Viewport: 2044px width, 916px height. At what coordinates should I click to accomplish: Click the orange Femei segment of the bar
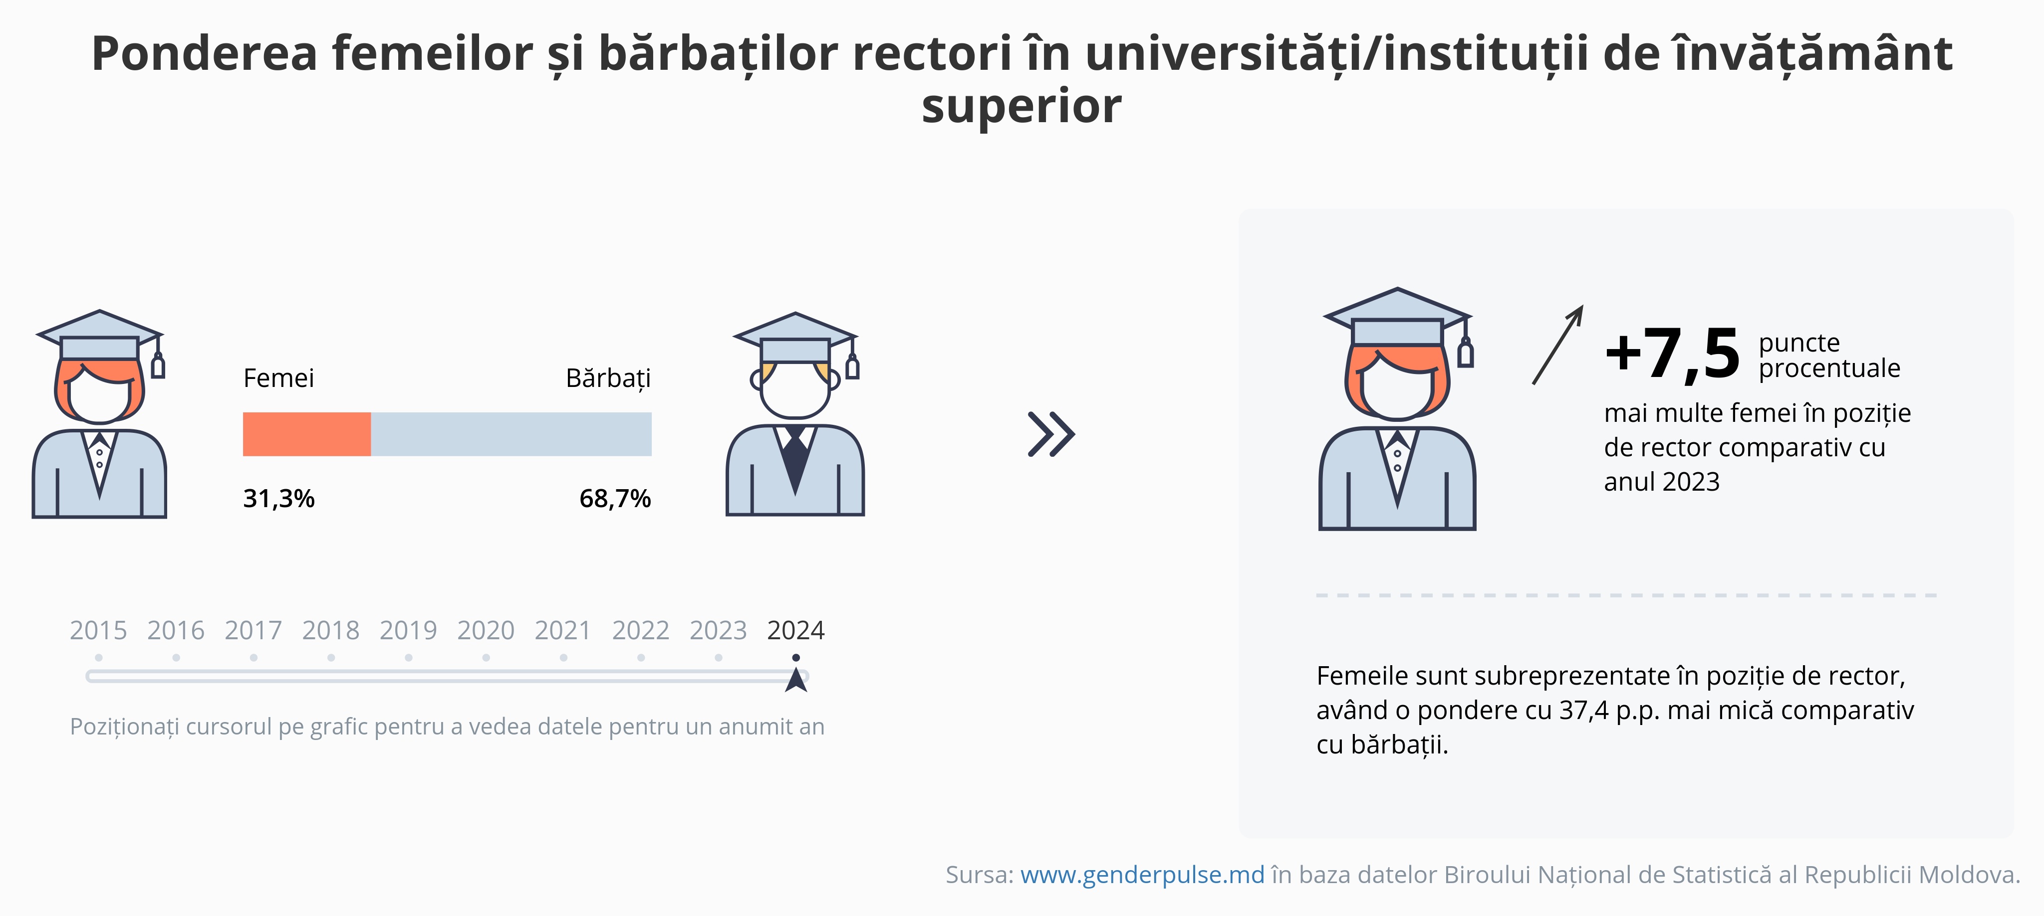tap(306, 434)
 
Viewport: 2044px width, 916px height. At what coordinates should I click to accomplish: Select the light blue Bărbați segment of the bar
tap(511, 434)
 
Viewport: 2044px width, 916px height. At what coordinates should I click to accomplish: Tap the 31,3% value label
tap(278, 499)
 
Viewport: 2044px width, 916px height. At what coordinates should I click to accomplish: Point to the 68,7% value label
tap(615, 499)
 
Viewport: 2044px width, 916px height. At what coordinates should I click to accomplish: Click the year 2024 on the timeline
tap(796, 630)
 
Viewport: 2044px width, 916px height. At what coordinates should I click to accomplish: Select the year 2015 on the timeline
tap(98, 630)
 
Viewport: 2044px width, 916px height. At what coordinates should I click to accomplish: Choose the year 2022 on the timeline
tap(640, 630)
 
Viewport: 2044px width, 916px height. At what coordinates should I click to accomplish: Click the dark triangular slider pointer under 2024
tap(796, 681)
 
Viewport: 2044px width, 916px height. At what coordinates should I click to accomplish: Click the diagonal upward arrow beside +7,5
tap(1557, 345)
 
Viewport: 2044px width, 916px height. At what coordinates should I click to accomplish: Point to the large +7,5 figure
tap(1672, 354)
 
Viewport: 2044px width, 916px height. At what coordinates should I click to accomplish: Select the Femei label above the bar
tap(278, 378)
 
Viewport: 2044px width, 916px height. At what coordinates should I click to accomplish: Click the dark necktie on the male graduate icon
tap(795, 462)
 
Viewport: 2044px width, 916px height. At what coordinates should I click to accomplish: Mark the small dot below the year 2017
tap(253, 658)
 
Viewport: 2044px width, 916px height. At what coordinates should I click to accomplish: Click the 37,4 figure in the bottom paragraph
tap(1584, 711)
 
